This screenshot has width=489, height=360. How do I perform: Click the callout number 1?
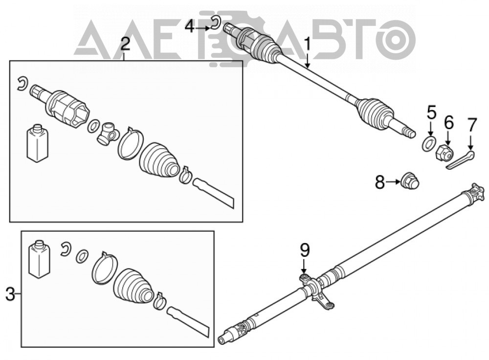(308, 45)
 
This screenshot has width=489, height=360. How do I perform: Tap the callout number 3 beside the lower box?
(10, 294)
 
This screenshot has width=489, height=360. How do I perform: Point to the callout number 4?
(189, 27)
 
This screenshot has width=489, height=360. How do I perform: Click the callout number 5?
(432, 113)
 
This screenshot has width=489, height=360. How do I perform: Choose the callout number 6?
(449, 124)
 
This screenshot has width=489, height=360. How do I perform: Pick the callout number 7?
(472, 125)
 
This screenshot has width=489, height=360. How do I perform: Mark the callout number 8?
(380, 182)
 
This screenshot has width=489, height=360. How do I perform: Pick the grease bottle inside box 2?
(38, 143)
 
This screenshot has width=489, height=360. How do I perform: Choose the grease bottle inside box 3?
(39, 259)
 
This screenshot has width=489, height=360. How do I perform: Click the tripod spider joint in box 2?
(108, 134)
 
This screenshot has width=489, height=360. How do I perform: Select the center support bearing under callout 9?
(316, 290)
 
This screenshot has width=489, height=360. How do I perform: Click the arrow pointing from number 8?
(393, 182)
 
